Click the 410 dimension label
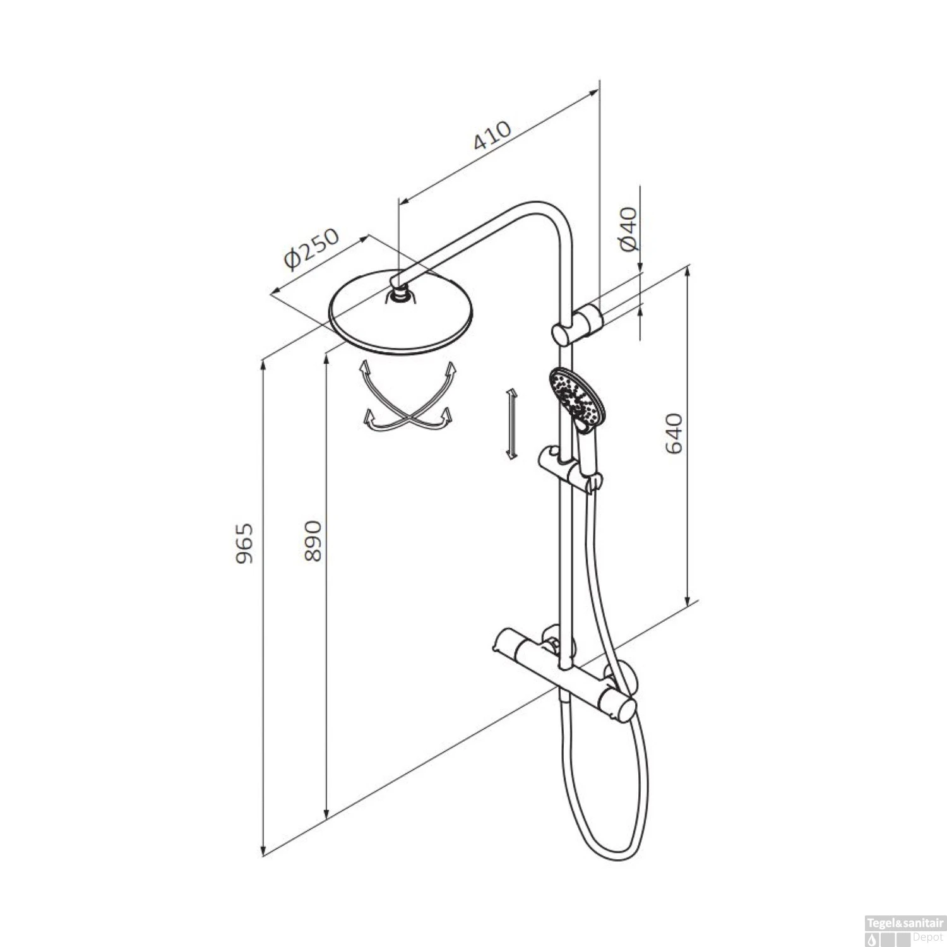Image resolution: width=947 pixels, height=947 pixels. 492,135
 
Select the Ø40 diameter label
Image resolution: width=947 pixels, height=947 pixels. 629,228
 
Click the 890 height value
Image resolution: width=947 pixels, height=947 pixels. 313,540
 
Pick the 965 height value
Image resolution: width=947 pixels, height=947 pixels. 244,543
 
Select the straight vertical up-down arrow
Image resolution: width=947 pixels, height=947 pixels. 512,423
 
